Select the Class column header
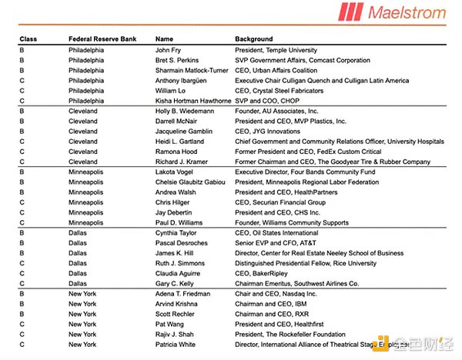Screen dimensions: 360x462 pyautogui.click(x=28, y=38)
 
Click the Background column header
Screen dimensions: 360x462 pyautogui.click(x=254, y=38)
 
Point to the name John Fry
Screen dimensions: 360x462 pyautogui.click(x=169, y=49)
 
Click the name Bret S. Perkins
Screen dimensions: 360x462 pyautogui.click(x=178, y=59)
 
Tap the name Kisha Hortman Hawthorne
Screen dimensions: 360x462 pyautogui.click(x=193, y=101)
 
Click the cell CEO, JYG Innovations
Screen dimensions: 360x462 pyautogui.click(x=269, y=132)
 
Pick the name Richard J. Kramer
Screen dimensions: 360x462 pyautogui.click(x=181, y=162)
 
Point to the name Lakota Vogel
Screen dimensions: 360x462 pyautogui.click(x=175, y=173)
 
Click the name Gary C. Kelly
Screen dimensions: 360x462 pyautogui.click(x=176, y=283)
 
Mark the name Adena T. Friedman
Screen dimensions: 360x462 pyautogui.click(x=183, y=295)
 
